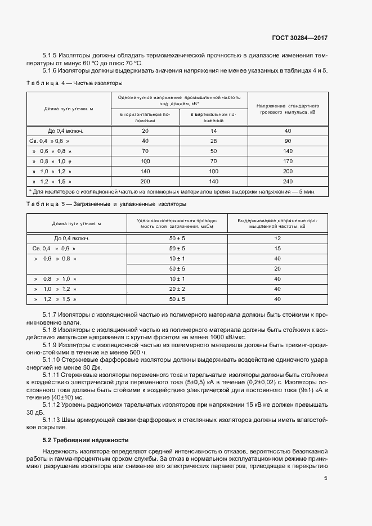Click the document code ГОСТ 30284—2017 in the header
tap(297, 38)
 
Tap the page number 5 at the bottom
tap(326, 479)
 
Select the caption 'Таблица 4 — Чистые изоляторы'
tap(74, 83)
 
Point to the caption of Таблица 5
tap(106, 204)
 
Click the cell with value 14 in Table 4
tap(213, 131)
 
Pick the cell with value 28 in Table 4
tap(213, 141)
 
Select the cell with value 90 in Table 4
tap(288, 141)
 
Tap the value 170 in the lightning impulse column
tap(288, 161)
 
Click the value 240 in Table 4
tap(288, 181)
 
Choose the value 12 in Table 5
tap(277, 238)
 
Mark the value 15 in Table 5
tap(277, 248)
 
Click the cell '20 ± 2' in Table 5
tap(177, 289)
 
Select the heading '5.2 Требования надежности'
tap(86, 440)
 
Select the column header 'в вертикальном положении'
tap(213, 117)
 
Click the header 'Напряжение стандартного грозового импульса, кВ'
tap(288, 109)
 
